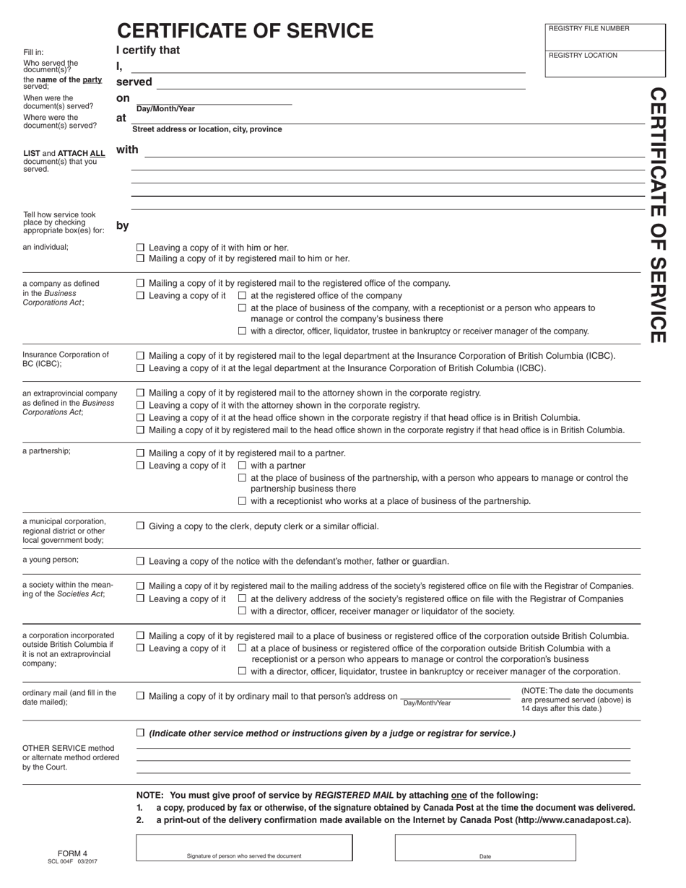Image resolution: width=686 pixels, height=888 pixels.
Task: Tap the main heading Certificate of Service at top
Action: (246, 30)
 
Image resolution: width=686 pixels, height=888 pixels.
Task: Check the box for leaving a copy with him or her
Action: (141, 247)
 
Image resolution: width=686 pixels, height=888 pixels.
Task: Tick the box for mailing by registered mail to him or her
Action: (141, 258)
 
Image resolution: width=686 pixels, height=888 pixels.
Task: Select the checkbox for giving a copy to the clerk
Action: (141, 526)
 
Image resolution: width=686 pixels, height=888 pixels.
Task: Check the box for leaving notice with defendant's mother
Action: (141, 561)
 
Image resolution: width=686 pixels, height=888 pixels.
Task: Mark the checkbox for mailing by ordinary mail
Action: (141, 696)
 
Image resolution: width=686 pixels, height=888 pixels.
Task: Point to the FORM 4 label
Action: (72, 853)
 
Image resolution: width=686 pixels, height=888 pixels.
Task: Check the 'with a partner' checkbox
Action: (242, 466)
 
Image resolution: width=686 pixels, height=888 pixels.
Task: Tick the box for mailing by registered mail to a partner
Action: (141, 453)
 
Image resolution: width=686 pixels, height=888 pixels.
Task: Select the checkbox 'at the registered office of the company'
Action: (242, 295)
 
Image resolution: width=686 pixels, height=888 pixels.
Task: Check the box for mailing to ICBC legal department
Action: (141, 356)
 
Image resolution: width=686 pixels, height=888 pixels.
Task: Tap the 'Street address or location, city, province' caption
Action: (207, 129)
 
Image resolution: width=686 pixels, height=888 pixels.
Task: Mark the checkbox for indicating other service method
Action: (141, 734)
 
